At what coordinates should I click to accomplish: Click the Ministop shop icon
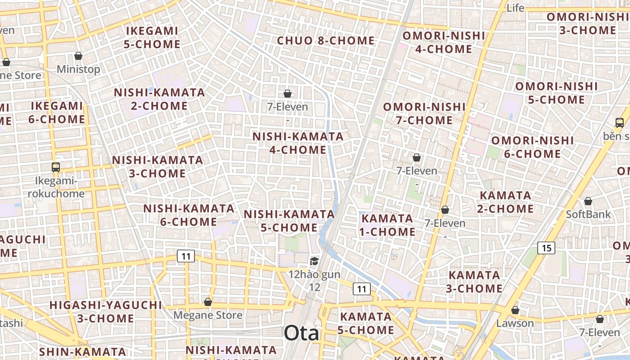point(78,56)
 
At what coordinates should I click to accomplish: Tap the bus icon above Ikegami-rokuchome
point(56,167)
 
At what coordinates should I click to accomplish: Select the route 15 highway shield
point(546,247)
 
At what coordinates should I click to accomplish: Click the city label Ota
point(301,333)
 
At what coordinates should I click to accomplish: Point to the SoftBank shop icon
point(588,201)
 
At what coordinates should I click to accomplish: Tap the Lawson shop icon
point(515,310)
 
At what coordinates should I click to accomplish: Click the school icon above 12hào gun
point(314,261)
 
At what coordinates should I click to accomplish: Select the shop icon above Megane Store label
point(208,302)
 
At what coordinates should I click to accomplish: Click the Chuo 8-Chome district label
point(326,40)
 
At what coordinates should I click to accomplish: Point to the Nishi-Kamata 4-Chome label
point(298,143)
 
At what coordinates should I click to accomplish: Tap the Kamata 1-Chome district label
point(387,225)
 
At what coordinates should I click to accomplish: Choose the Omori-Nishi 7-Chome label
point(424,113)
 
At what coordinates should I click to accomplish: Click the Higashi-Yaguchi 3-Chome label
point(105,311)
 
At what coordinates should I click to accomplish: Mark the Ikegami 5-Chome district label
point(152,37)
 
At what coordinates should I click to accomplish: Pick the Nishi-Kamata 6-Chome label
point(189,215)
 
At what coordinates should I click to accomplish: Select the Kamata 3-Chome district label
point(474,281)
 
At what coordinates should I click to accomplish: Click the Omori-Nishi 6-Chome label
point(532,147)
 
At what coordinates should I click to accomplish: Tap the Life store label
point(515,8)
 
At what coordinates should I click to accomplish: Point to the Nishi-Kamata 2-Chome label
point(159,99)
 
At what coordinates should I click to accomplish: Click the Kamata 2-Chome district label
point(505,202)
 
